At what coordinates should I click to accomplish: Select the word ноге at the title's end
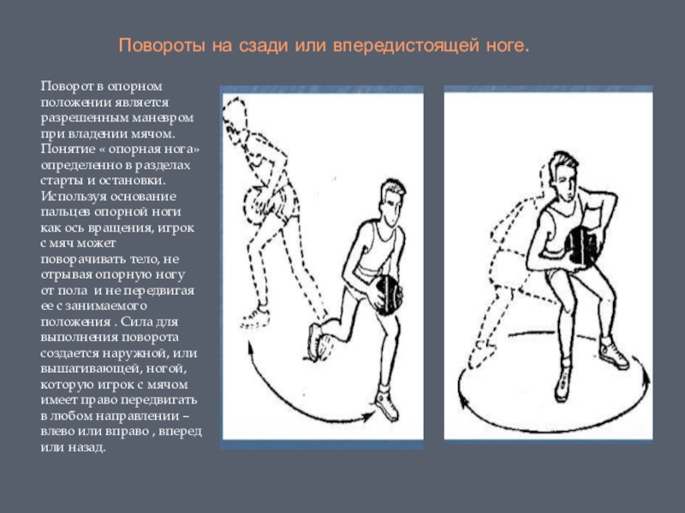point(508,46)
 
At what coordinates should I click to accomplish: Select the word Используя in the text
point(74,197)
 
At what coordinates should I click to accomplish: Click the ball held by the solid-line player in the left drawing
point(388,295)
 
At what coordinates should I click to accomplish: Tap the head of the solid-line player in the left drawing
point(391,202)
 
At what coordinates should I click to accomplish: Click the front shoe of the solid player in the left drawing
point(387,405)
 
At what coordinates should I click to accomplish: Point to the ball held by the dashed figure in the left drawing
point(254,203)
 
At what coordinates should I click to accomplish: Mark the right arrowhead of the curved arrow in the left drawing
point(368,416)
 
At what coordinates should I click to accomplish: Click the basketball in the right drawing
point(581,245)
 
